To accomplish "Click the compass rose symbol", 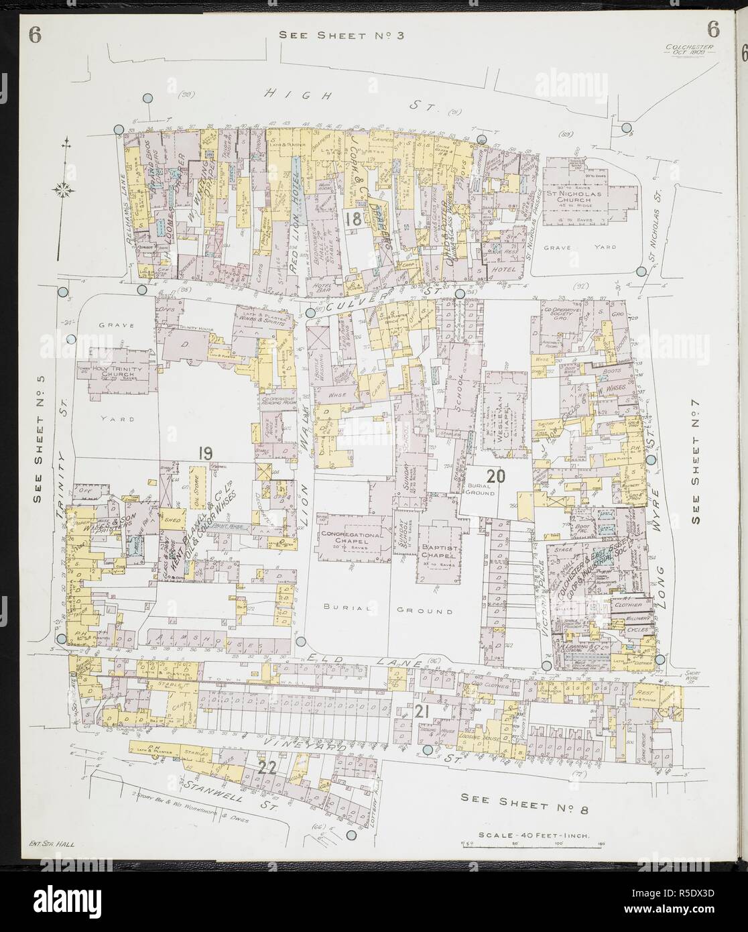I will (x=66, y=190).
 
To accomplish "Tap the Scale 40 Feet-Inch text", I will (x=516, y=835).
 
